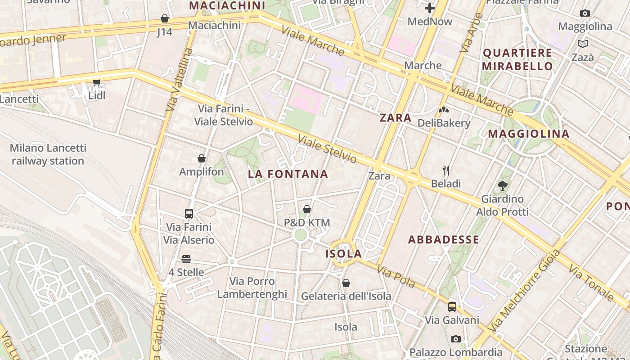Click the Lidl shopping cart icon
point(96,82)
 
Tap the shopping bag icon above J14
point(165,18)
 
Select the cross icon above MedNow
point(430,8)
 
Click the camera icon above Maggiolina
point(585,13)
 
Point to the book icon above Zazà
point(583,44)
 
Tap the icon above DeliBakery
point(444,109)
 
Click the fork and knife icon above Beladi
point(446,170)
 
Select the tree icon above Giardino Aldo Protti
point(503,185)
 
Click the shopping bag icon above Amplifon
point(202,158)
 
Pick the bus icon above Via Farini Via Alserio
point(189,213)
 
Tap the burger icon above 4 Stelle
point(186,259)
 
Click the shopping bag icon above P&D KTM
point(307,209)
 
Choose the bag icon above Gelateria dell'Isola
point(346,283)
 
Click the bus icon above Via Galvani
point(452,307)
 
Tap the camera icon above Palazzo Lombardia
point(456,339)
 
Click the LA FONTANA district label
point(288,174)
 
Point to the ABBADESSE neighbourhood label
point(444,240)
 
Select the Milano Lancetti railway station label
point(48,154)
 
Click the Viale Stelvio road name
point(327,149)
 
